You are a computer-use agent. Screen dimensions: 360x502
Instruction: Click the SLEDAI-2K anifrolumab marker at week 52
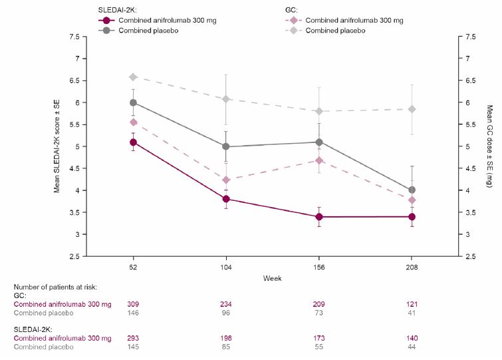click(x=133, y=142)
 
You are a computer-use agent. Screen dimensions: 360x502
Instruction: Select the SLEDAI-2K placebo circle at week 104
click(x=226, y=146)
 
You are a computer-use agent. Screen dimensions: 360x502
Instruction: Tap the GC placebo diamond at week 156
click(x=319, y=111)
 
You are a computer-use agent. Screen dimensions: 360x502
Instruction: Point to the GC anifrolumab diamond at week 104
click(x=226, y=180)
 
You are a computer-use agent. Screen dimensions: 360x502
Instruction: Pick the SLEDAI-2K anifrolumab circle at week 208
click(x=412, y=216)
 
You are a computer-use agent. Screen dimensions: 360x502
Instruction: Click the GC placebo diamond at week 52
click(x=133, y=77)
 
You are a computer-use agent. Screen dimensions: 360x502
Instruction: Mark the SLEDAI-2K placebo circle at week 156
click(x=319, y=142)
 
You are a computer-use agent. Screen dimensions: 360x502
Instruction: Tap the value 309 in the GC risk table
click(x=133, y=304)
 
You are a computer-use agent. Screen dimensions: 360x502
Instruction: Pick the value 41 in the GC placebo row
click(x=412, y=313)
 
